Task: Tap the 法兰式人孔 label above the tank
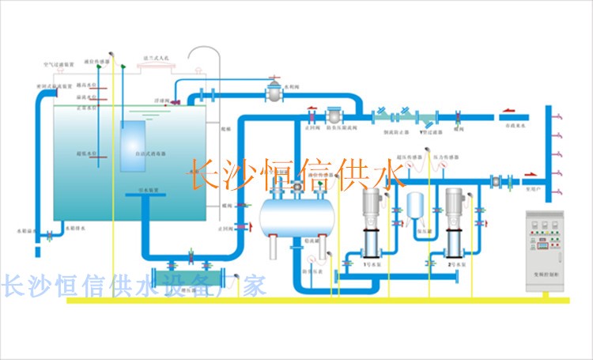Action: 157,58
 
